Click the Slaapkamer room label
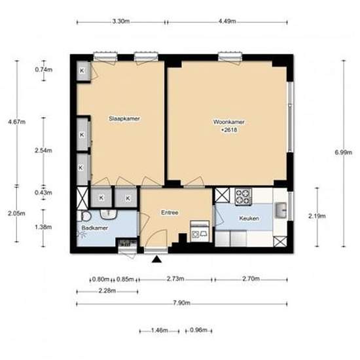124,118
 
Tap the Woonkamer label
229,122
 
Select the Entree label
170,213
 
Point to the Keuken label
249,218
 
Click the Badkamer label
95,228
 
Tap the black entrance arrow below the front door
157,259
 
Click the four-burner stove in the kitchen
243,197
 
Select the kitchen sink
281,210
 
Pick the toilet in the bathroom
84,216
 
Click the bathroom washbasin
109,214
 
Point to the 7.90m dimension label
181,303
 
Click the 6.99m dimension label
344,153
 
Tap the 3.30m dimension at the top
121,22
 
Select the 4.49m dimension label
227,22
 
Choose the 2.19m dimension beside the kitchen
317,216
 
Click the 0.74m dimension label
44,69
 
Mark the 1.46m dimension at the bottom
159,331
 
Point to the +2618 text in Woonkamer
229,130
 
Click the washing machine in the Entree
200,231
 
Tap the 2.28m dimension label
107,291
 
